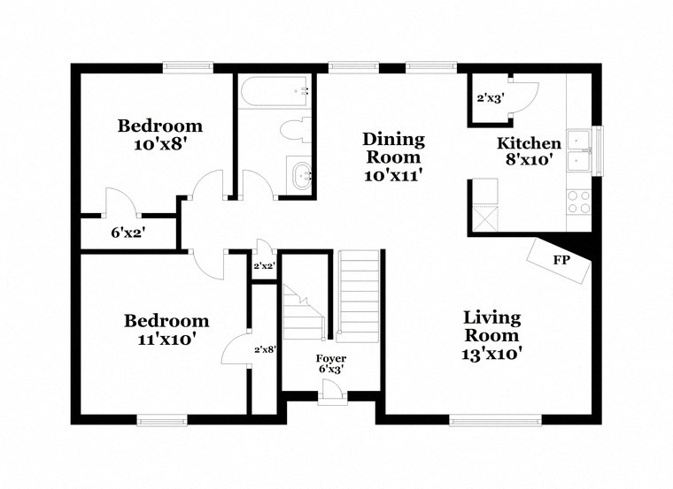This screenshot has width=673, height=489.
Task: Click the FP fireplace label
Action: coord(560,261)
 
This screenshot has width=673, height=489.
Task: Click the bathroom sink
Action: coord(299,175)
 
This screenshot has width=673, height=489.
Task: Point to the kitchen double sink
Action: coord(580,149)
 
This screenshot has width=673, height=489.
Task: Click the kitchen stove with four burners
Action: coord(578,202)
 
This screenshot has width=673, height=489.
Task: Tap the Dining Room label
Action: coord(394,157)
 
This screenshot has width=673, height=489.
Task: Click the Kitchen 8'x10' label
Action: coord(529,151)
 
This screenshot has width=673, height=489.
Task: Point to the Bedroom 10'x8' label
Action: coord(160,134)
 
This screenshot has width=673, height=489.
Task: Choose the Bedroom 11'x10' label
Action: coord(166,329)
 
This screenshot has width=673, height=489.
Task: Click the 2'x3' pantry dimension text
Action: coord(489,98)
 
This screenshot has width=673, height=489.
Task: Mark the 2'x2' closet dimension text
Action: coord(264,266)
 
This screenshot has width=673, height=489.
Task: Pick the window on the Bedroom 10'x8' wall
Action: coord(188,65)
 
